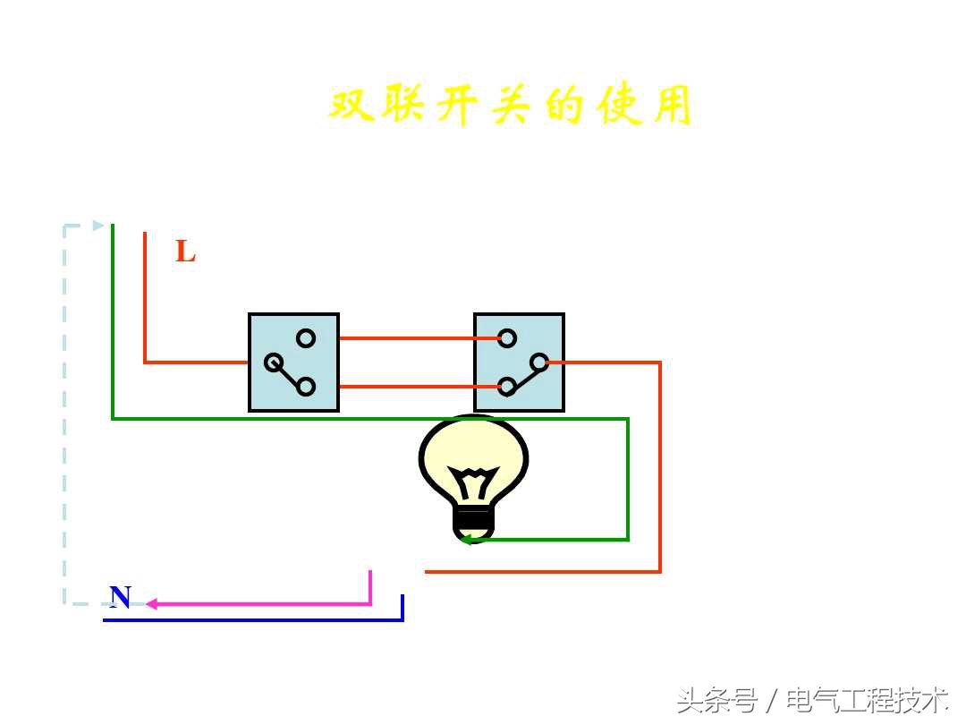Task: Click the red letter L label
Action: (185, 252)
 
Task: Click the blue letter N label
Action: (120, 597)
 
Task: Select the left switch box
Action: (293, 362)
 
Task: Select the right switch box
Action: (519, 362)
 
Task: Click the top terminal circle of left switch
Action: (306, 338)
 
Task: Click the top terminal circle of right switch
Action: (507, 338)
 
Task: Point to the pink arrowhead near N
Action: (151, 604)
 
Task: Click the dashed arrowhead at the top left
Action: (98, 226)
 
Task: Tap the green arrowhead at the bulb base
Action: (465, 539)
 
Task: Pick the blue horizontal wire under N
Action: (250, 619)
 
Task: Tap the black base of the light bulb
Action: (473, 519)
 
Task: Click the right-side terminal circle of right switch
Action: (539, 362)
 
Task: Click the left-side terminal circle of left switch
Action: (274, 362)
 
